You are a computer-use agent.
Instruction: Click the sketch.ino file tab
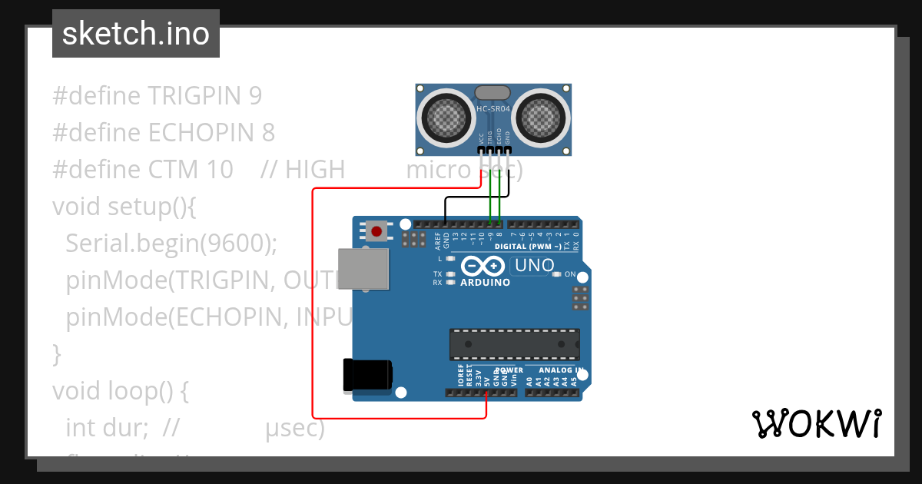[x=136, y=34]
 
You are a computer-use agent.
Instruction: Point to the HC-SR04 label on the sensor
[x=493, y=109]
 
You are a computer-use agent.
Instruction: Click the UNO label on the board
[x=534, y=266]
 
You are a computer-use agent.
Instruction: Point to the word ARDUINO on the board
[x=485, y=282]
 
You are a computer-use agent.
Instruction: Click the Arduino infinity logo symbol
[x=483, y=267]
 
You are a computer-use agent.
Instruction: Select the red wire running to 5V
[x=313, y=307]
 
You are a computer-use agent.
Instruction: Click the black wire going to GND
[x=469, y=197]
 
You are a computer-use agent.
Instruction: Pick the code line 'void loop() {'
[x=120, y=391]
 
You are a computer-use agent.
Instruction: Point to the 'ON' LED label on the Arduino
[x=570, y=274]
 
